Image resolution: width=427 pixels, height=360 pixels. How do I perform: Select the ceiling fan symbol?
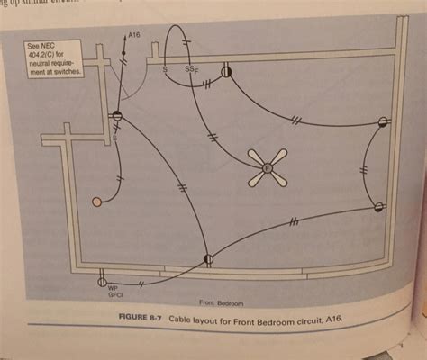pos(268,166)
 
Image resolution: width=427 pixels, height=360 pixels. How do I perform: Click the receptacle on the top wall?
pos(226,69)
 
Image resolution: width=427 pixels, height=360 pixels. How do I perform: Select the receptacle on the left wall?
pos(115,116)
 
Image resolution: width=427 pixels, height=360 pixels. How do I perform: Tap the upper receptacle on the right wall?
pos(383,121)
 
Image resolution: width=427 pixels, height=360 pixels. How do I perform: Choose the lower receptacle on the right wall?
pos(378,208)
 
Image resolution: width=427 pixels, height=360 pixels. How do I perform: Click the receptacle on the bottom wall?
pos(208,259)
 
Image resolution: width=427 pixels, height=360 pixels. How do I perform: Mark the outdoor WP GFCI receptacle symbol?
pos(101,281)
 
